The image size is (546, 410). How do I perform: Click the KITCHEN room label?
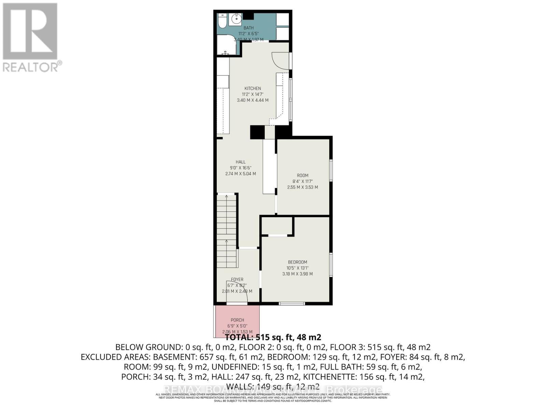tap(253, 88)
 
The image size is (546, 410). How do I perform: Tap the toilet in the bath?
tap(222, 20)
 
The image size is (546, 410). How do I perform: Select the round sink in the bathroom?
tap(235, 19)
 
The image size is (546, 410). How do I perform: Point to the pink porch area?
tap(237, 321)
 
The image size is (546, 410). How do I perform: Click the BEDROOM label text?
tap(297, 262)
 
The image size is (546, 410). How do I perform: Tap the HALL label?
tap(240, 162)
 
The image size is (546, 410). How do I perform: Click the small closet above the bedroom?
tap(277, 225)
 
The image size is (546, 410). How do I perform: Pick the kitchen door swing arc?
tap(281, 60)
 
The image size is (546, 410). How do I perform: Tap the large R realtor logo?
tap(30, 31)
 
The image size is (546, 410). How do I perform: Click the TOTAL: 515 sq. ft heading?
tap(273, 337)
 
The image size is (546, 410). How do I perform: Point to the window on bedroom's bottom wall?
tap(292, 303)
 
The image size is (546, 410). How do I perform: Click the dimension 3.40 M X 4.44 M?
tap(253, 100)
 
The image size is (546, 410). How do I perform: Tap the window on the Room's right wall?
tap(331, 170)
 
